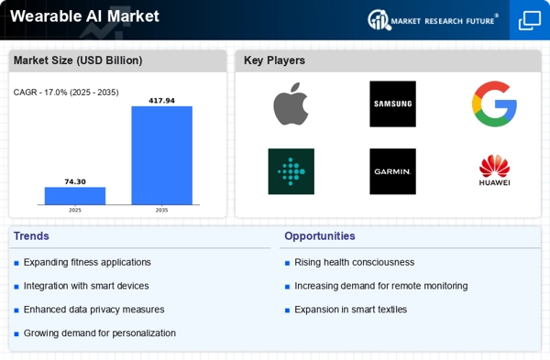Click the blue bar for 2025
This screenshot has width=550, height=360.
(x=75, y=196)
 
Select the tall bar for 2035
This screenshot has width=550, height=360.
(x=161, y=156)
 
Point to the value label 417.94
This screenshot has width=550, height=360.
(x=161, y=101)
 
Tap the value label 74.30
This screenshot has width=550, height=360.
(x=75, y=181)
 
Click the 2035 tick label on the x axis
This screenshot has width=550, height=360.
(x=161, y=210)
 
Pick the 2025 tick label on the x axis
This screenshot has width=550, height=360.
(x=75, y=210)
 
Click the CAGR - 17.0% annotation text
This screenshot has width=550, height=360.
(x=66, y=93)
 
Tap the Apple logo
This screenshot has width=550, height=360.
(x=291, y=104)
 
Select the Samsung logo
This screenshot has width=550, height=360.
(x=393, y=104)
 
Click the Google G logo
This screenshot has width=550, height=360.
(x=494, y=104)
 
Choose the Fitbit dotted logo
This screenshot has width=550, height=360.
(x=291, y=171)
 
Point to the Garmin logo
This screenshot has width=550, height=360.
(x=393, y=171)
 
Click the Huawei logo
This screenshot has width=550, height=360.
(x=495, y=170)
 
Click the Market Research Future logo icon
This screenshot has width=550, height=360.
(x=379, y=19)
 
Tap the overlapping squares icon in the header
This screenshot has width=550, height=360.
(x=530, y=20)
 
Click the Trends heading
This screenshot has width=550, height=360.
(x=31, y=236)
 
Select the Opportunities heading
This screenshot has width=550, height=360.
(x=320, y=236)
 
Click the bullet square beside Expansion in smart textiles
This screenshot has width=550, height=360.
(x=287, y=311)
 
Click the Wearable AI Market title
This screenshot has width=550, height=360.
(x=84, y=16)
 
